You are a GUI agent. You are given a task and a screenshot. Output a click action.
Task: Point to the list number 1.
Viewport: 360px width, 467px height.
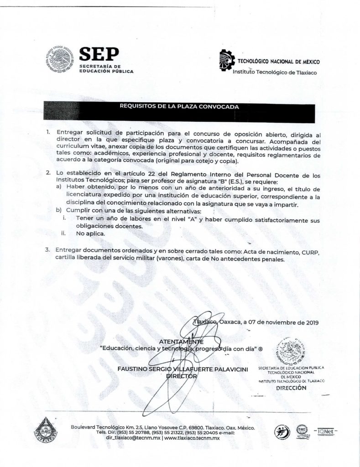48,132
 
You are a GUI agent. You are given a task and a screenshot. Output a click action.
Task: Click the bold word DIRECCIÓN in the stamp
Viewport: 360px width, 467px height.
289,388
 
